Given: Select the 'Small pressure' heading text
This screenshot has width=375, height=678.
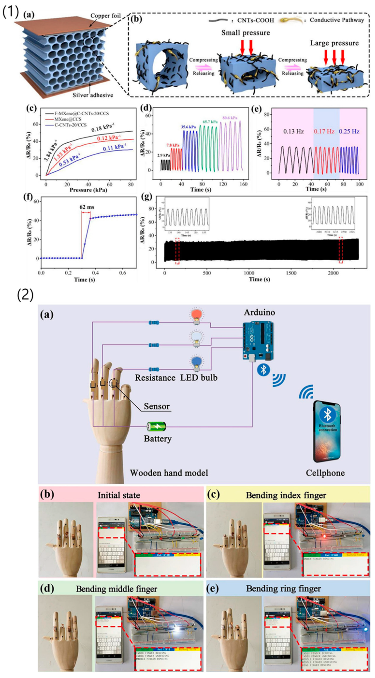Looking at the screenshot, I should coord(245,33).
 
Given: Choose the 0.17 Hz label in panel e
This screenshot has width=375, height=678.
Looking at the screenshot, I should coord(324,131).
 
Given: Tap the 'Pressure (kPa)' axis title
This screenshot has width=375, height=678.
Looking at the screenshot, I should coord(88,190).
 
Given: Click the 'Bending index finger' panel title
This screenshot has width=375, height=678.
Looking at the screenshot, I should coord(286,495).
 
